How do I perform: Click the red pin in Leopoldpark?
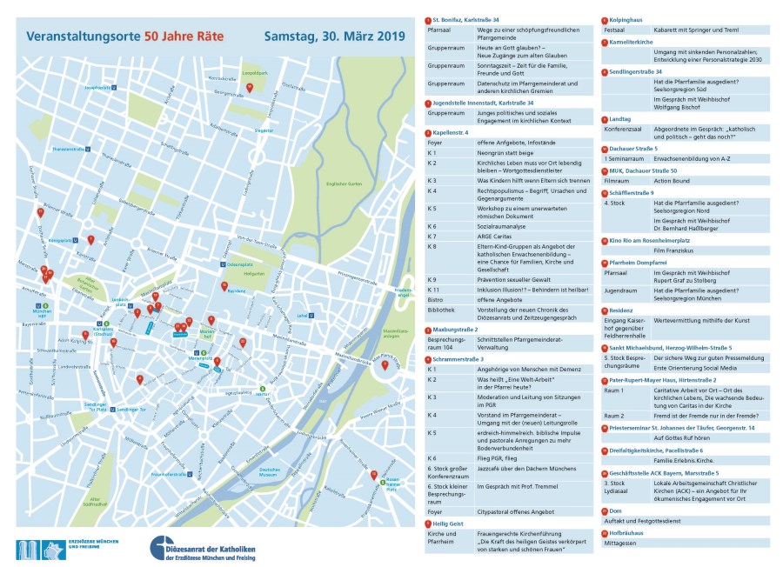250,87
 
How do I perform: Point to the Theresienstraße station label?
70,149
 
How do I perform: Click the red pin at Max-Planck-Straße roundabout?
385,364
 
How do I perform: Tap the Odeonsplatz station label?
241,264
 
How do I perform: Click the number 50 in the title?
154,37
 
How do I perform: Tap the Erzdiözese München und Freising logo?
65,549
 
